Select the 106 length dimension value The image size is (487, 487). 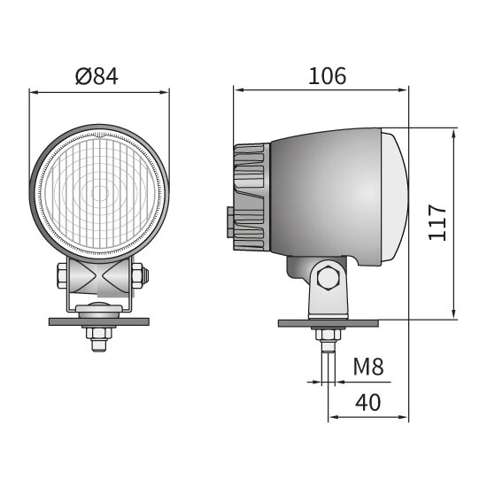[x=327, y=76]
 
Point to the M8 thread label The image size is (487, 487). [x=369, y=367]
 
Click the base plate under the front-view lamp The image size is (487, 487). [x=99, y=321]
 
